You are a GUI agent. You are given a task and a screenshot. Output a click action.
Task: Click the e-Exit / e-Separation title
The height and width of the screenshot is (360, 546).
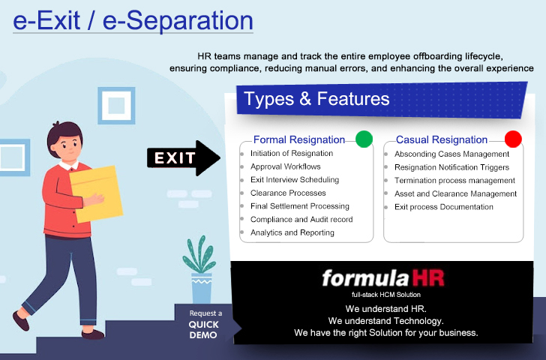[133, 21]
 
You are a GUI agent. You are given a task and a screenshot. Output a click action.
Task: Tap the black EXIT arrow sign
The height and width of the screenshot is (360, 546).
[184, 158]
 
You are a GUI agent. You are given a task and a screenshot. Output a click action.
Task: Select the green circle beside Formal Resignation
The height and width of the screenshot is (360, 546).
[364, 139]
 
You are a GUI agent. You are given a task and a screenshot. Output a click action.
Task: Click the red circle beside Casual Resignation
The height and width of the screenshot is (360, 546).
[513, 139]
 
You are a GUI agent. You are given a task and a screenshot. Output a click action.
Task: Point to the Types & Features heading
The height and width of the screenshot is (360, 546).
[316, 99]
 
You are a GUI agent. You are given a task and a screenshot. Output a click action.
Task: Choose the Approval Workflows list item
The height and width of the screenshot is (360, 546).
[286, 166]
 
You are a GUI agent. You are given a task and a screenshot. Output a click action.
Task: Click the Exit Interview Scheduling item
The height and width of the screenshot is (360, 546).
[295, 180]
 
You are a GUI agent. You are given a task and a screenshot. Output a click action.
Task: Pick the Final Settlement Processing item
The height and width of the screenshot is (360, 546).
[300, 206]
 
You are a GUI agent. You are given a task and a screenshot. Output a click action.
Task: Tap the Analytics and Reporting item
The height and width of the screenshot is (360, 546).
[292, 232]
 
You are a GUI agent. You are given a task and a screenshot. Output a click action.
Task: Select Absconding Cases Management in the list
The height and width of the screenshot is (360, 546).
[451, 154]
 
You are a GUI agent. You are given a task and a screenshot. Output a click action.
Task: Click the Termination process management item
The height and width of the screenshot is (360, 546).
[454, 180]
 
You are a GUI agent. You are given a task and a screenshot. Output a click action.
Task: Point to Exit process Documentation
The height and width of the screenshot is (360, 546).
[444, 207]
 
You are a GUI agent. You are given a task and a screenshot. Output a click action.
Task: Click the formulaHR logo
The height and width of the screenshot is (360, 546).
[383, 278]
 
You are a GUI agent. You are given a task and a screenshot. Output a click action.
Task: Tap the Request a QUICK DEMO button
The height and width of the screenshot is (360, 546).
[205, 325]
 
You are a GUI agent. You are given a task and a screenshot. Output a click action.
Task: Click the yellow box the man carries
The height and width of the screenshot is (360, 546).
[97, 193]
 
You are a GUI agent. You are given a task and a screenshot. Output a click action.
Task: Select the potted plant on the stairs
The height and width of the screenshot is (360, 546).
[199, 270]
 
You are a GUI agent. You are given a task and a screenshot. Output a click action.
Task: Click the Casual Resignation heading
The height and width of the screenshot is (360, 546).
[442, 139]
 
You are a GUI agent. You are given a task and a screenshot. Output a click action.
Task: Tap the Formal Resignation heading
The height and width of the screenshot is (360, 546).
[299, 139]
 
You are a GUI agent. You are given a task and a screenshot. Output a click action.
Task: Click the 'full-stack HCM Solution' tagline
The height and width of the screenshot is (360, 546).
[385, 295]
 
